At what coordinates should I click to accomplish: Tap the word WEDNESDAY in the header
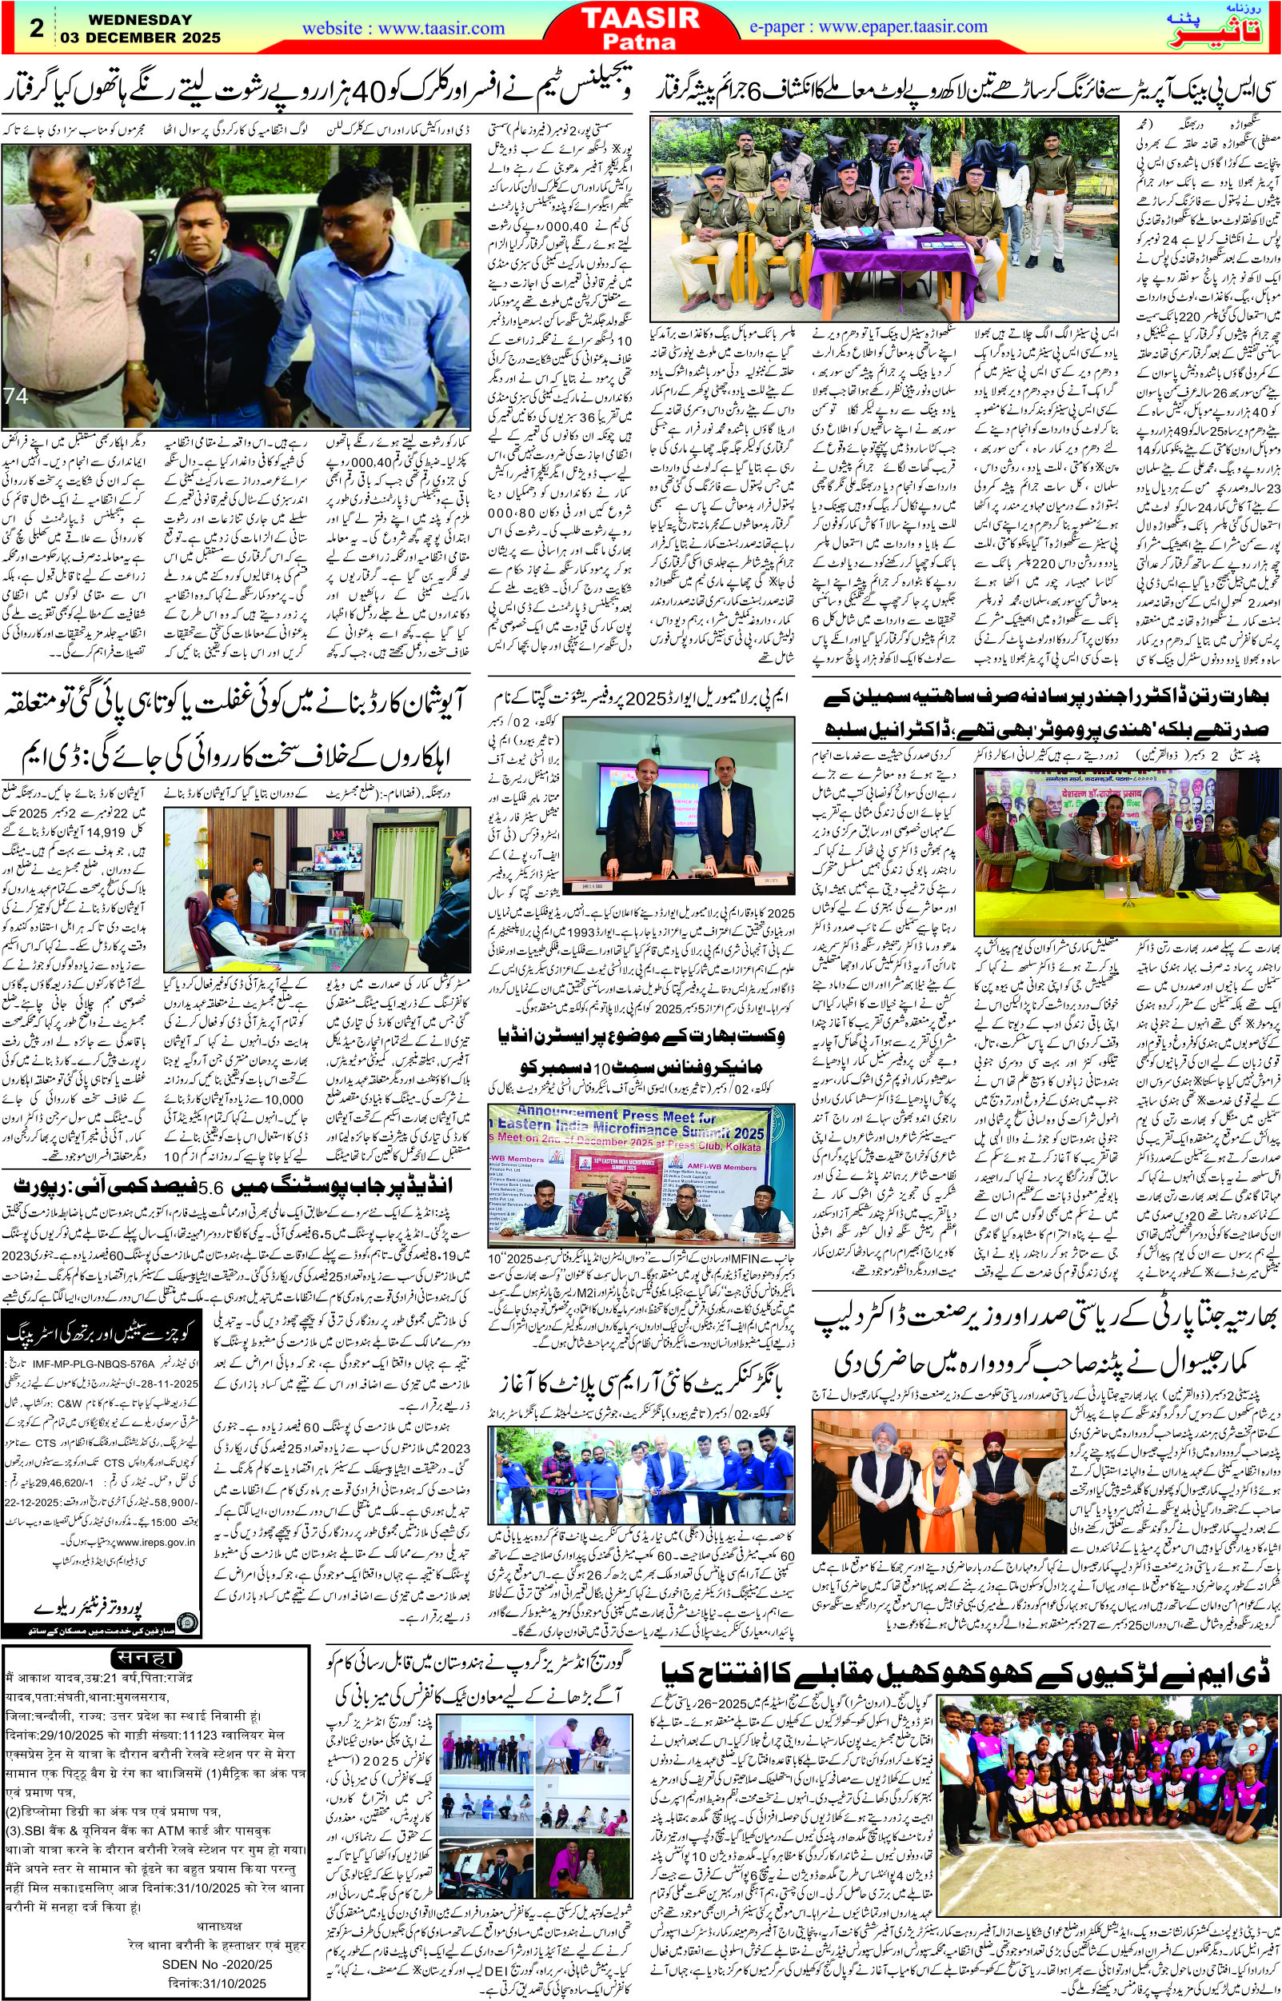126,19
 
